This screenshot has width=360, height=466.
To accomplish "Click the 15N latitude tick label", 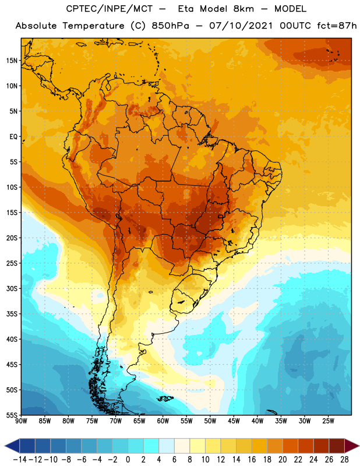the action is click(12, 61).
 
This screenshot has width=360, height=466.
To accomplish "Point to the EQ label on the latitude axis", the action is click(13, 137).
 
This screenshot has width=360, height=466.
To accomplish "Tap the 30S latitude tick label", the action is click(12, 288).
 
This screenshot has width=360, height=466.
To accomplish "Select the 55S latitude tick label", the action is click(12, 415).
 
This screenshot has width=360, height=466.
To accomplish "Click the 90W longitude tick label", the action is click(21, 421).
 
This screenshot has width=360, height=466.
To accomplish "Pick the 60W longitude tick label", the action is click(163, 421).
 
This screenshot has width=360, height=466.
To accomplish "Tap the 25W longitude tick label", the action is click(328, 421).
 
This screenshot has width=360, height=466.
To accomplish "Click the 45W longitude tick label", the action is click(234, 421).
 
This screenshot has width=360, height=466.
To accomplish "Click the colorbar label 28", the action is click(344, 460).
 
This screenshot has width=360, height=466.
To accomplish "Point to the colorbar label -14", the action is click(20, 460).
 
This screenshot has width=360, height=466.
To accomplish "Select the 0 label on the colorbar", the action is click(128, 460).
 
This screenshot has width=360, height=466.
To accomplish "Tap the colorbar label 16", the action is click(252, 460).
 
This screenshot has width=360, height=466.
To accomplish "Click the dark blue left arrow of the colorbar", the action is click(12, 446).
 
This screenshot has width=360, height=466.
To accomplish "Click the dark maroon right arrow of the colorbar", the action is click(352, 446).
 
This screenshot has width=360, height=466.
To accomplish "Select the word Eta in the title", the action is click(186, 9).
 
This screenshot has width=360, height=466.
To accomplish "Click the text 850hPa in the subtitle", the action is click(170, 26).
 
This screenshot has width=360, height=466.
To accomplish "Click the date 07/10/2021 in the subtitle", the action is click(241, 26).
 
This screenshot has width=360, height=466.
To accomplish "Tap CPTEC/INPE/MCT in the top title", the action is click(109, 9).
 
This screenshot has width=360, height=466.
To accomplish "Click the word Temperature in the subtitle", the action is click(93, 26).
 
